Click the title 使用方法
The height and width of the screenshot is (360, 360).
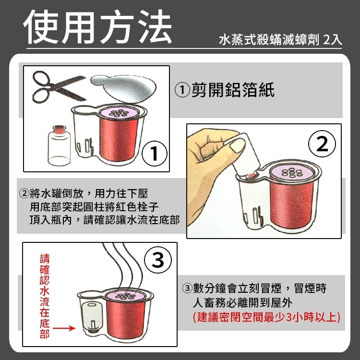[97, 26]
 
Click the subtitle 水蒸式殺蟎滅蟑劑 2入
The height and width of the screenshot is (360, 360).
[281, 40]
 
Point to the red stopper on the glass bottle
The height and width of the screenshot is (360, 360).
[59, 129]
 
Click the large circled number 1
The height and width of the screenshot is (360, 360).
[154, 154]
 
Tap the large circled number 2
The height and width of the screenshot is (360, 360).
[322, 144]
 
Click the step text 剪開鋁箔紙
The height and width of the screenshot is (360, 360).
[225, 90]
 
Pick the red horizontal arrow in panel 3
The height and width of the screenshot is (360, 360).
[64, 328]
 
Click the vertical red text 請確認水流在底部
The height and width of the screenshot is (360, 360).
[44, 296]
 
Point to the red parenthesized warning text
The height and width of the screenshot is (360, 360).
[266, 317]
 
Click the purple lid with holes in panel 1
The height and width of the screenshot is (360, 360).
[119, 113]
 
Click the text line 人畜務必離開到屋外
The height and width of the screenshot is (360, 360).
[242, 302]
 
